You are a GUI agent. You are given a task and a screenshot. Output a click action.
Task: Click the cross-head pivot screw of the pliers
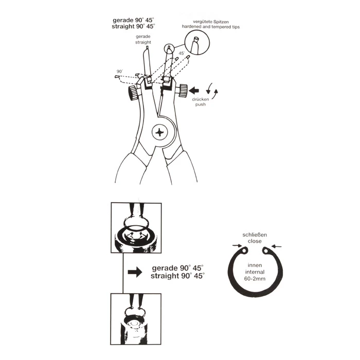point(160,132)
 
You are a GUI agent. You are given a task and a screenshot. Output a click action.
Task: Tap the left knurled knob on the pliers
point(134,93)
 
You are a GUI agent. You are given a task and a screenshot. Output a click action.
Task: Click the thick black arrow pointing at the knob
point(193,90)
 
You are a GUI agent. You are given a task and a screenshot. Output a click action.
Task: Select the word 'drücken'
point(201,99)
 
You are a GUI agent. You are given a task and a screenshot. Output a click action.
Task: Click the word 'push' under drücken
point(201,104)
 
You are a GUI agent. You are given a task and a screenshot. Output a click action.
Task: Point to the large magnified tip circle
point(197,43)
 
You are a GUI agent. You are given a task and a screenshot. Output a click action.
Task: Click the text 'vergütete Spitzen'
point(211,22)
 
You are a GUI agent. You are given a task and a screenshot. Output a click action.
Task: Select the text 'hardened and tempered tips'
point(211,27)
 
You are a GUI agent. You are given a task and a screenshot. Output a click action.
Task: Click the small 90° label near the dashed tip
point(120,71)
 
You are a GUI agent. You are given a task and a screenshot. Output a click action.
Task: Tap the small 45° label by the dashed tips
point(182,53)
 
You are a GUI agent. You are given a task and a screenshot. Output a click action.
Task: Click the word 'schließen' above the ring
point(255,235)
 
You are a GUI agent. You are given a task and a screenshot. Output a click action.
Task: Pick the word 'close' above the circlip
point(255,241)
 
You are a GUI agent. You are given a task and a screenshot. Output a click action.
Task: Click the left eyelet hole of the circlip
point(244,250)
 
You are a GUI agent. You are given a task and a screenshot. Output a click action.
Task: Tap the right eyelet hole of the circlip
point(266,251)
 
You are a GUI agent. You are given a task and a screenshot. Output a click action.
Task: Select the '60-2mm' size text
point(255,279)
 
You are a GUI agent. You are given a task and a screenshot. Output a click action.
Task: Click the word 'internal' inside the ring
point(255,272)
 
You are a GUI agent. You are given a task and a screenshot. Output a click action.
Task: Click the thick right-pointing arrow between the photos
point(135,272)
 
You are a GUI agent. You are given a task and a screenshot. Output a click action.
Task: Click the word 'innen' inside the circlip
point(255,265)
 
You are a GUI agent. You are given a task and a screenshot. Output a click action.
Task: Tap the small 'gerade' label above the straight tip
point(143,37)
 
